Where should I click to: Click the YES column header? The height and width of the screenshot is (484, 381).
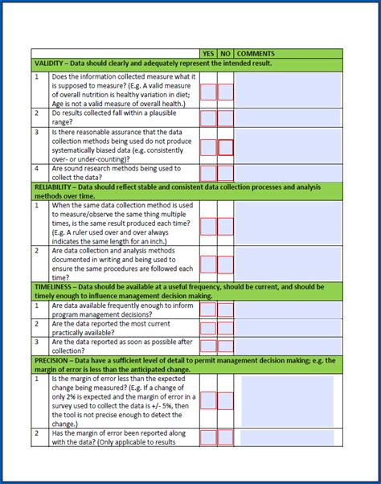pos(209,53)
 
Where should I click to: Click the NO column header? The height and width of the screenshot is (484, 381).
pos(226,53)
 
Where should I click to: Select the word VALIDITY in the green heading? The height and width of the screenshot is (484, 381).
pos(51,64)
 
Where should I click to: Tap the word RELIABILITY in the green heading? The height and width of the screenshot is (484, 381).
pos(55,187)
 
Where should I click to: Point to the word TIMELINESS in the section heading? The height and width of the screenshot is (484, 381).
pos(54,286)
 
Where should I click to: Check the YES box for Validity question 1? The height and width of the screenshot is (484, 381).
pos(208,92)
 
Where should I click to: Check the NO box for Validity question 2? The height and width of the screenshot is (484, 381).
pos(226,118)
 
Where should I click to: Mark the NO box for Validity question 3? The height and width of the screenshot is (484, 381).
pos(226,147)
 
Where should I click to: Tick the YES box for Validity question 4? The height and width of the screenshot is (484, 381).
pos(208,173)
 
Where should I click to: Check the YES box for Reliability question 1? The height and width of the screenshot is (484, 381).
pos(208,227)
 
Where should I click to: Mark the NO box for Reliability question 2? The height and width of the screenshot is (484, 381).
pos(226,265)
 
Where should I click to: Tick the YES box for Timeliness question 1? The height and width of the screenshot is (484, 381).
pos(208,310)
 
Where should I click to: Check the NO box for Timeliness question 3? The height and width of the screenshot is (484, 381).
pos(226,346)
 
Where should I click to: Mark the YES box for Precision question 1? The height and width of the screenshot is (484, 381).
pos(208,400)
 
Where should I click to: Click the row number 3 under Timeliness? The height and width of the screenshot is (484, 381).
pos(37,342)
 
